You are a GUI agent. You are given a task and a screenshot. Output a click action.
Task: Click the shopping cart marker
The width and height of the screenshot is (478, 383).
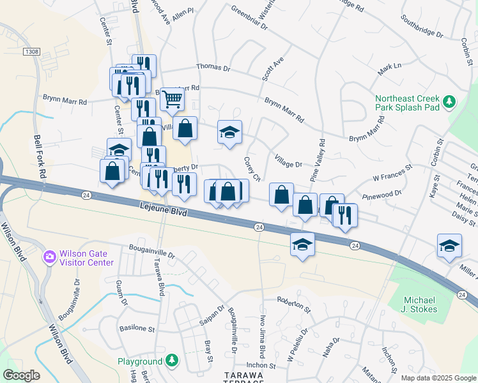tap(172, 100)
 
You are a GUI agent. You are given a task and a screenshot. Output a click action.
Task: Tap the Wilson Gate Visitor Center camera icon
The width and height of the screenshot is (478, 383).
tap(49, 257)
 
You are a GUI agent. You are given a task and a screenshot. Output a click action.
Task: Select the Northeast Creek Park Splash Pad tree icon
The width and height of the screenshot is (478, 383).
tap(449, 101)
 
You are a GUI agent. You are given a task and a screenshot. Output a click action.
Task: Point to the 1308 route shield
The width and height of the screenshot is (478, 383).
tap(29, 50)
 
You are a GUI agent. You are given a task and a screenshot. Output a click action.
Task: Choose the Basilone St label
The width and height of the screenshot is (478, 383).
tap(137, 329)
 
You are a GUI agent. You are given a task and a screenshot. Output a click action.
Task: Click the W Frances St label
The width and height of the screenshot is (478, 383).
tap(393, 172)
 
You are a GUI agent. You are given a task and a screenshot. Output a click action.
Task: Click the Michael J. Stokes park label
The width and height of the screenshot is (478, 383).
tap(421, 304)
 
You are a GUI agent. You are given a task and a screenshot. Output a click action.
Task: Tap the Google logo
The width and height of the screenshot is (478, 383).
tap(21, 375)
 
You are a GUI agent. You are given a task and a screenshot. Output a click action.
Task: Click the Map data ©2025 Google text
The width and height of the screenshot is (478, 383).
tap(438, 378)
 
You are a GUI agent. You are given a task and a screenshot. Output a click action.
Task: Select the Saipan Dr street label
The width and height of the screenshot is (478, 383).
tap(212, 312)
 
